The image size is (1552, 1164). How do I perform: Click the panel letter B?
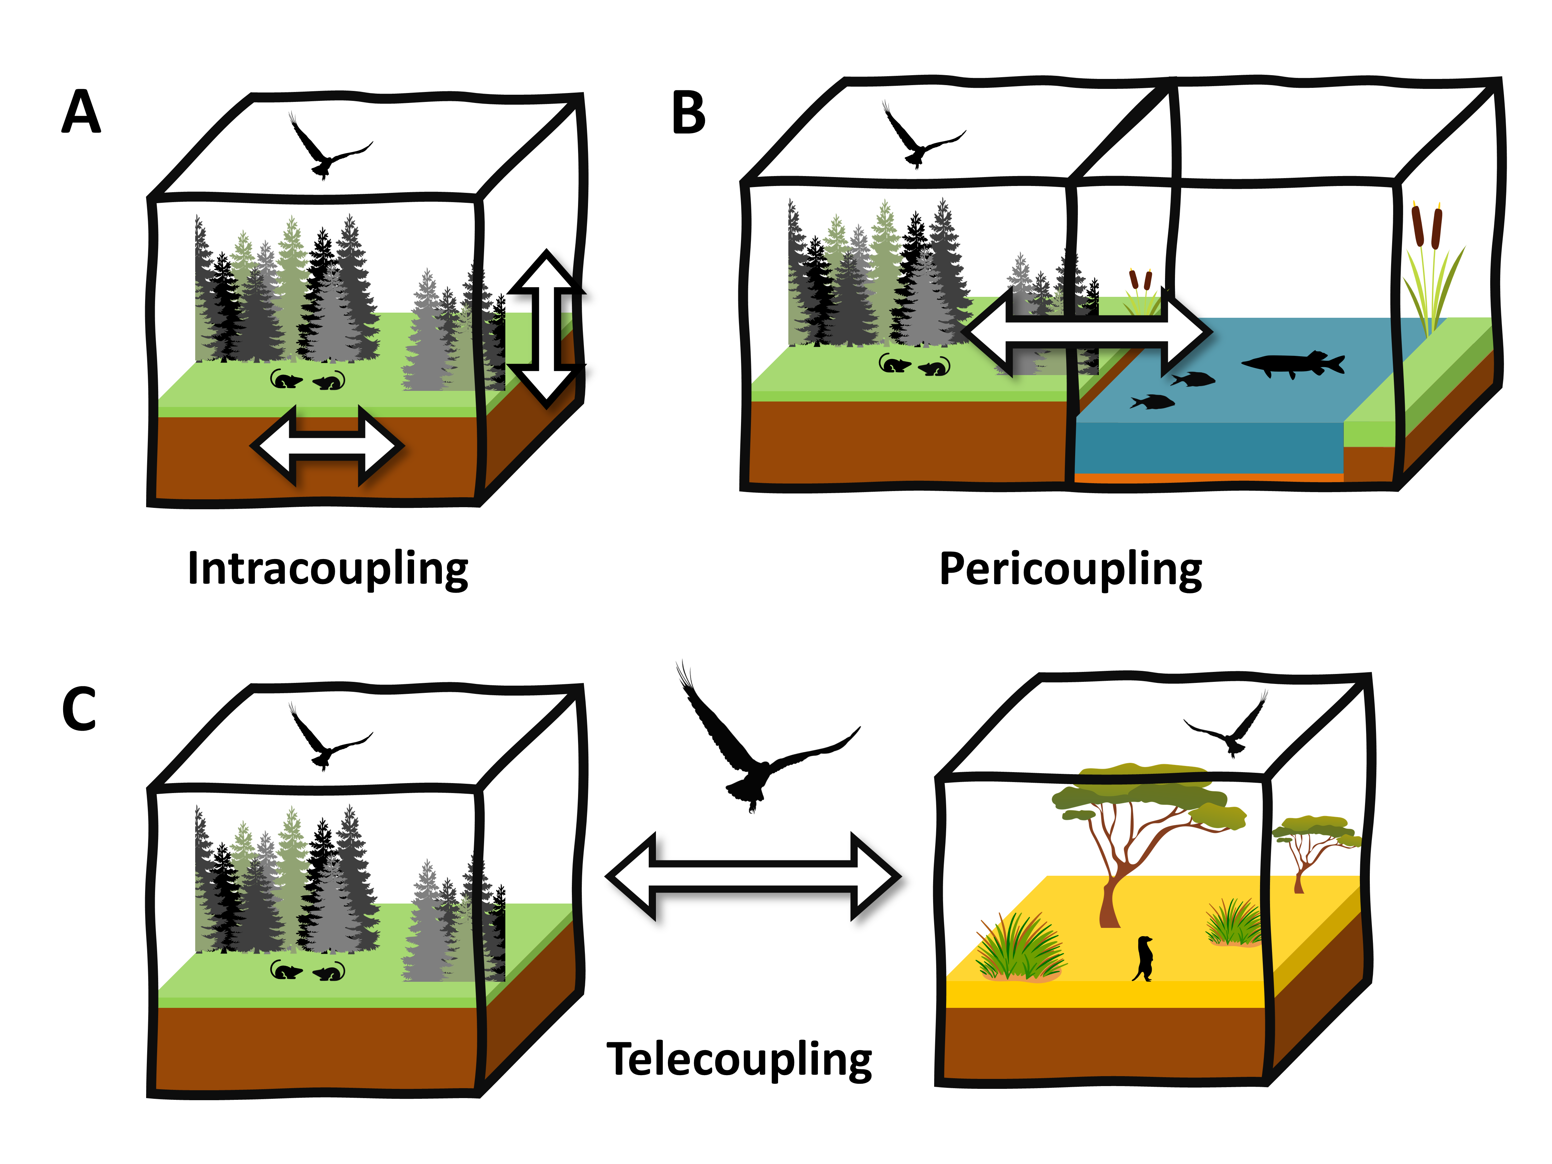coord(688,114)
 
